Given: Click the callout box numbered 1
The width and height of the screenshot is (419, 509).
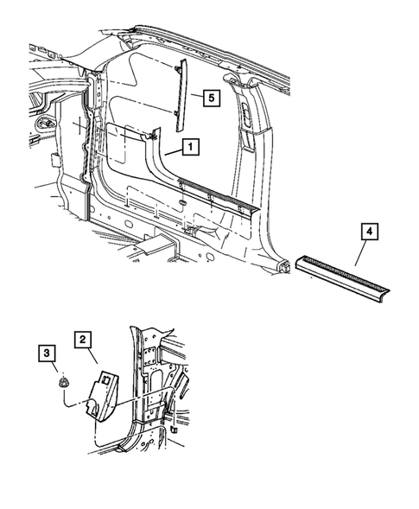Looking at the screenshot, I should click(190, 148).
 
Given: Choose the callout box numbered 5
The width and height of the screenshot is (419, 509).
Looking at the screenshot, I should click(210, 98).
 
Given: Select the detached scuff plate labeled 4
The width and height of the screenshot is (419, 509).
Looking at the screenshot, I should click(345, 276).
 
